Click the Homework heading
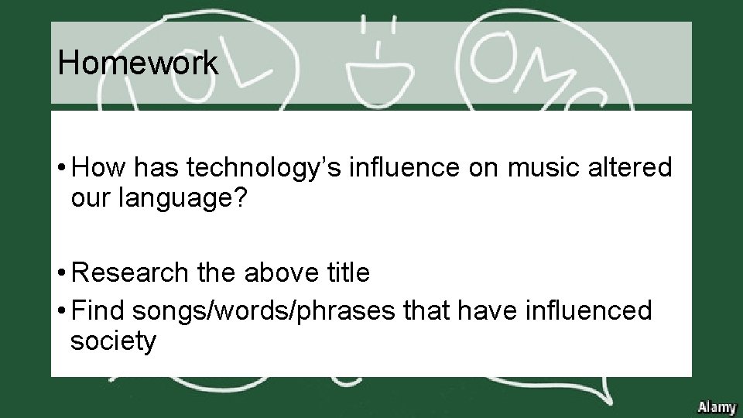pos(138,63)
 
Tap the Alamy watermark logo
pos(717,406)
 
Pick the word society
pos(113,341)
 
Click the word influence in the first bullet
pos(398,169)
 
